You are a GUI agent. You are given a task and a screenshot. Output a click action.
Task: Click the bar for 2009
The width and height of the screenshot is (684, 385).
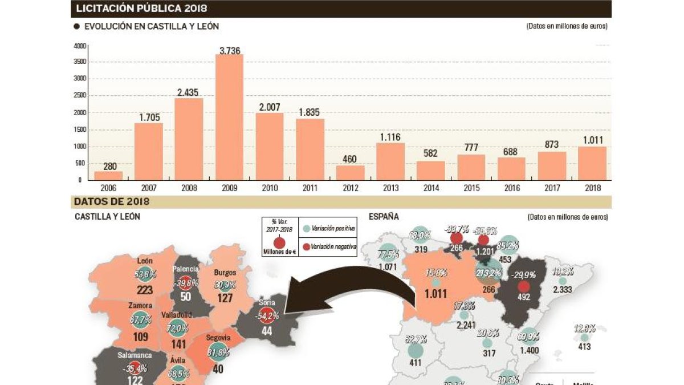[x=229, y=117]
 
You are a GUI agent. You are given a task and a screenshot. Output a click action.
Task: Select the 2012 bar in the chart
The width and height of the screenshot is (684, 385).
[x=351, y=173]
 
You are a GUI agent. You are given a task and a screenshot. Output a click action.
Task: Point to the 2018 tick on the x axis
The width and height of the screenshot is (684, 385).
[x=592, y=187]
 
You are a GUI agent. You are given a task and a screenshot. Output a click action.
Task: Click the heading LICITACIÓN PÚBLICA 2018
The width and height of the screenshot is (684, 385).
[x=141, y=9]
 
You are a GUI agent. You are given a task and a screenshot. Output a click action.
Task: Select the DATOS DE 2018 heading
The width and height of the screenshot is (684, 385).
[x=112, y=202]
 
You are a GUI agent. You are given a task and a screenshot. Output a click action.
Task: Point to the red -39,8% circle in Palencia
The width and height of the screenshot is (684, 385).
[x=185, y=283]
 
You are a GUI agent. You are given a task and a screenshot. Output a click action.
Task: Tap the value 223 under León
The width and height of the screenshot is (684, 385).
[x=145, y=290]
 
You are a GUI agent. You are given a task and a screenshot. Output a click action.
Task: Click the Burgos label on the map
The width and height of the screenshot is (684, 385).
[x=225, y=272]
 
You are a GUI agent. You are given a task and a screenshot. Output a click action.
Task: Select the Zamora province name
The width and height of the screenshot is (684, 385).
[x=140, y=306]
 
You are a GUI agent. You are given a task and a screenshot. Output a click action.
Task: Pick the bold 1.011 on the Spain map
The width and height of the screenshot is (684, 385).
[x=437, y=295]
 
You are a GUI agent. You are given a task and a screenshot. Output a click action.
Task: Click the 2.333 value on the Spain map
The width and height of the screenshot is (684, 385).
[x=562, y=290]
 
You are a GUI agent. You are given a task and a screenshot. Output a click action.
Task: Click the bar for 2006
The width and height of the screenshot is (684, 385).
[x=108, y=176]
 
